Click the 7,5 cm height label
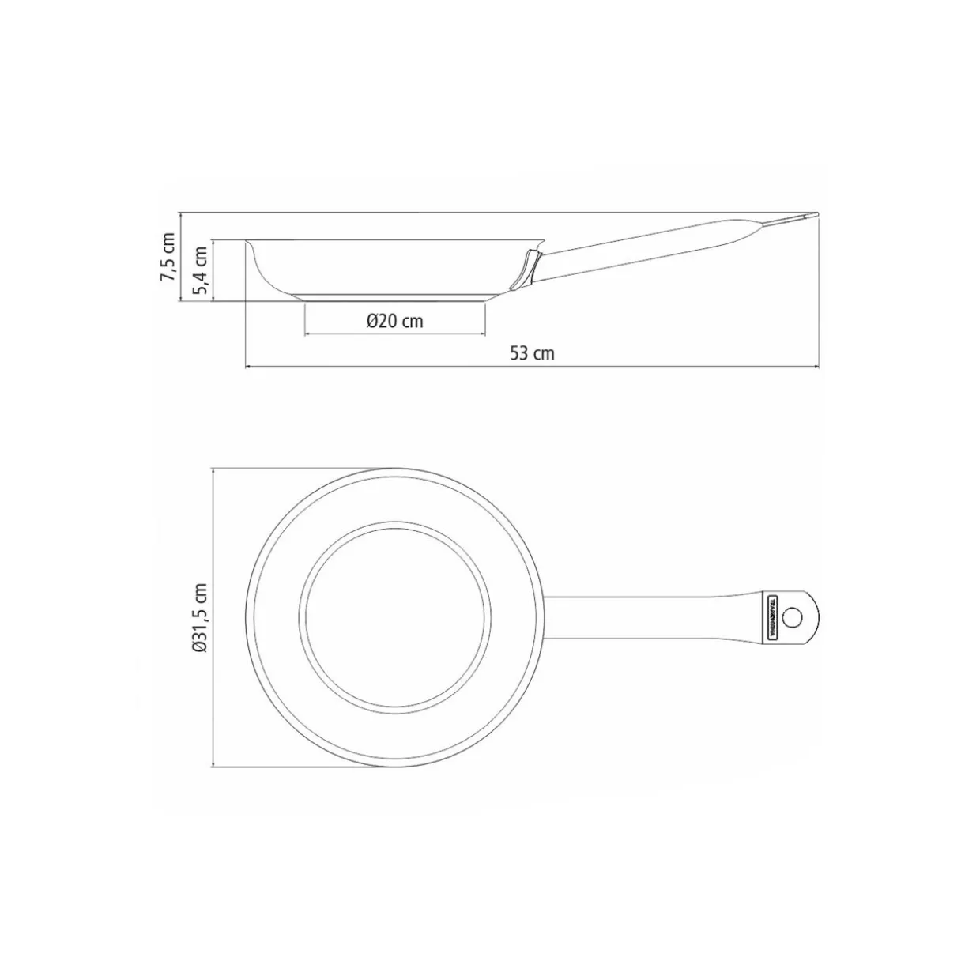[167, 257]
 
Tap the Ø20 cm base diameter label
[394, 321]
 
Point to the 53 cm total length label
[531, 353]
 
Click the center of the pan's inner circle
[394, 616]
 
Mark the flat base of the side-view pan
[394, 298]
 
